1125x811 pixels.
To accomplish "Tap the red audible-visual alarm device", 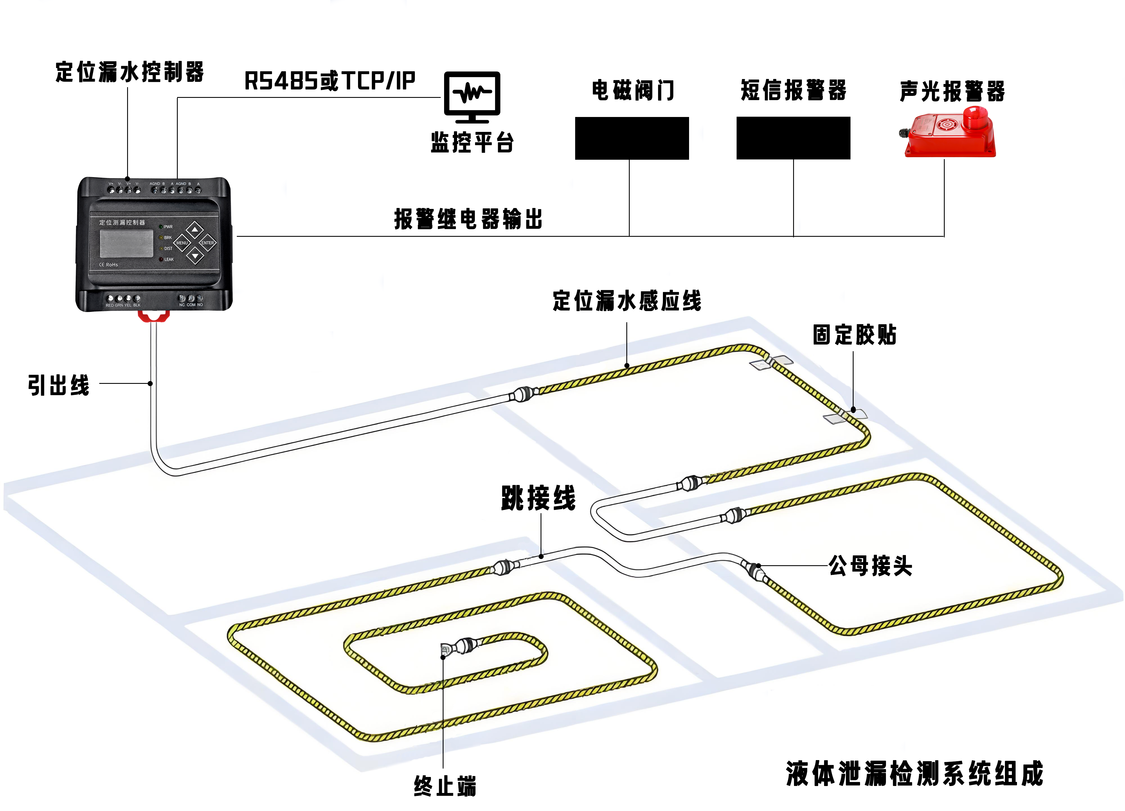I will point(949,133).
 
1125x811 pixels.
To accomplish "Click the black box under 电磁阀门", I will point(631,138).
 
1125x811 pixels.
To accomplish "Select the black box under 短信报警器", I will point(793,138).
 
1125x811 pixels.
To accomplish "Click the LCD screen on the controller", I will point(127,243).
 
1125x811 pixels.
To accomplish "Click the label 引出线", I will point(58,385).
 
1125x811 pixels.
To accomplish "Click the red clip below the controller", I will point(154,316).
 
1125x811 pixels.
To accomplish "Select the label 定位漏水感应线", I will point(627,301).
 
